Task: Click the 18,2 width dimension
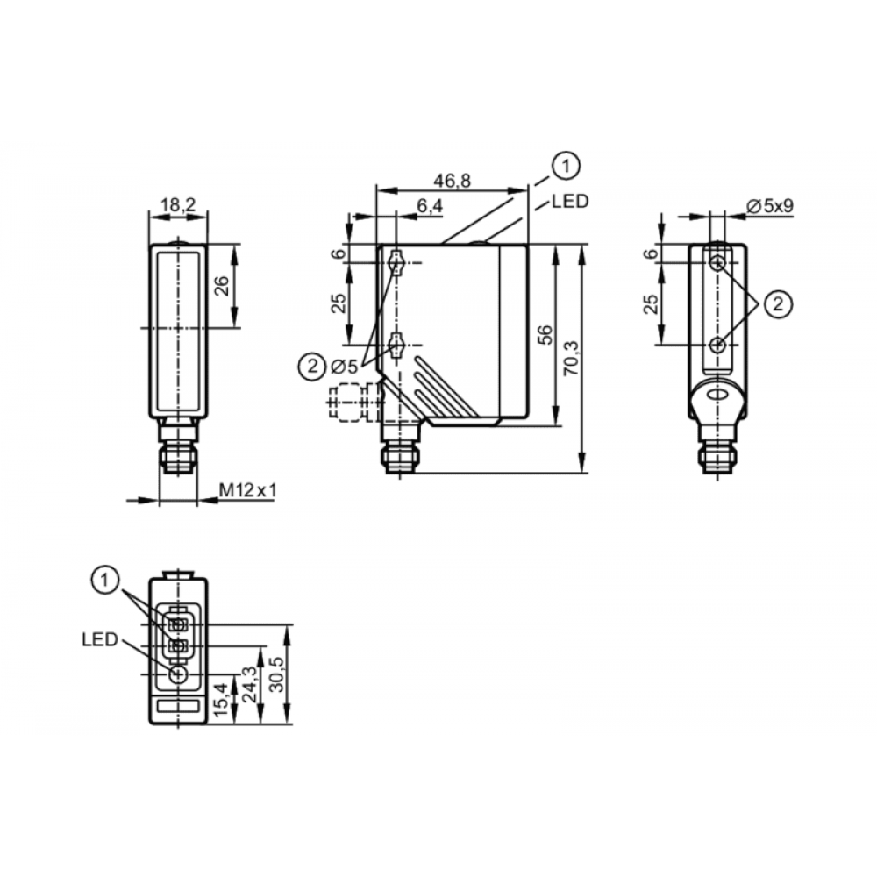tap(178, 205)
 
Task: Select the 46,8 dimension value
tap(453, 181)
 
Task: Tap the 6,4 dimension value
tap(430, 206)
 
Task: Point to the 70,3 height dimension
tap(572, 358)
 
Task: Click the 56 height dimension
tap(545, 334)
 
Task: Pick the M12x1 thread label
tap(248, 490)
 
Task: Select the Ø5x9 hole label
tap(770, 206)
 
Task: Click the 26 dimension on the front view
tap(222, 286)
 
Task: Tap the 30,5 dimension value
tap(277, 674)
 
